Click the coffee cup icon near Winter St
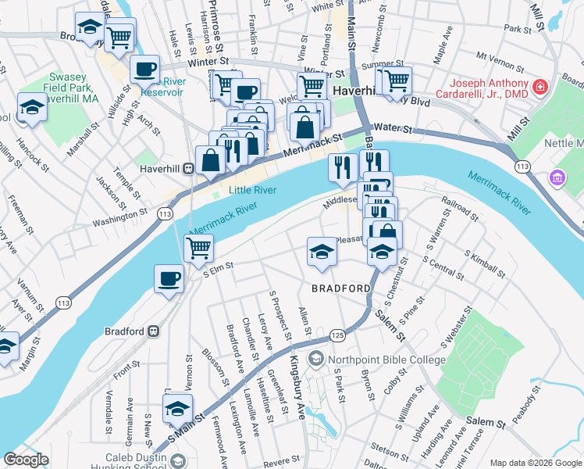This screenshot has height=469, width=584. click(x=144, y=69)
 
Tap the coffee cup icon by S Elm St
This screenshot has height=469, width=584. click(x=169, y=279)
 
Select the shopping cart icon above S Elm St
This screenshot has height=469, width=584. click(x=198, y=248)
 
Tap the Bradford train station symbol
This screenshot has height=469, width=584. click(x=154, y=331)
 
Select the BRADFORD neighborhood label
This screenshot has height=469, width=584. click(x=341, y=288)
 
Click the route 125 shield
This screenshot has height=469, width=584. click(x=337, y=335)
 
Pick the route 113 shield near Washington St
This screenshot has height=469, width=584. click(x=165, y=213)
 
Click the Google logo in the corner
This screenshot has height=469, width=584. click(x=26, y=460)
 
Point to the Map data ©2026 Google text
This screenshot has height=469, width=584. click(x=535, y=463)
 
